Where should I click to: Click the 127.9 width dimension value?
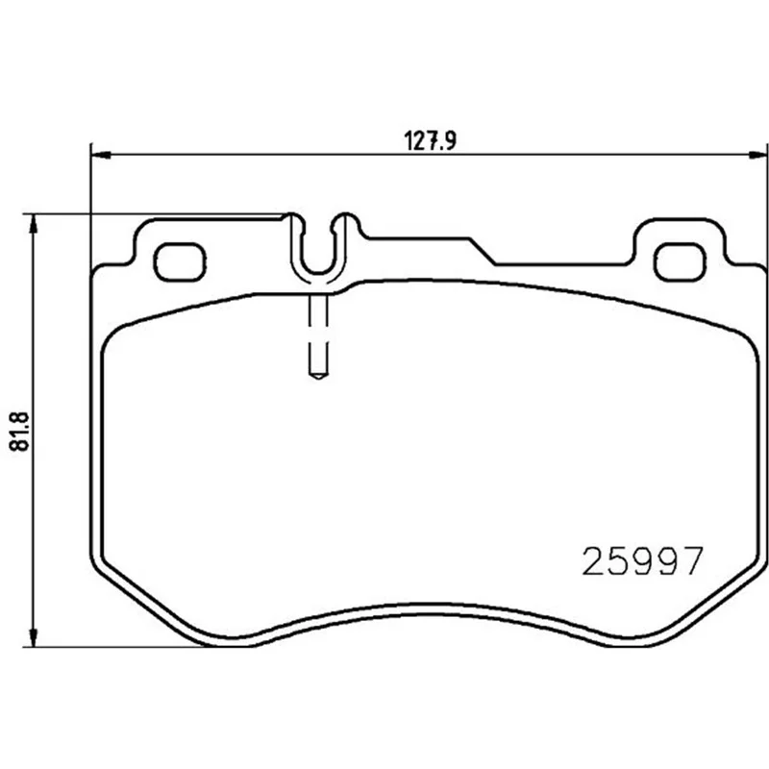431,140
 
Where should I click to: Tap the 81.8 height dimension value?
20,432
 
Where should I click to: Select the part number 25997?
642,561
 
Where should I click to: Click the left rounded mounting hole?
180,261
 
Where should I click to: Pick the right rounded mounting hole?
681,261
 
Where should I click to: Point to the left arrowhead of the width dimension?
102,155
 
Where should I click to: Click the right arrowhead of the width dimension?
757,155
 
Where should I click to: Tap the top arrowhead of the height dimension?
33,225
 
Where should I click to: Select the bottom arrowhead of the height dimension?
33,636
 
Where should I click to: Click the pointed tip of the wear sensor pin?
318,379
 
